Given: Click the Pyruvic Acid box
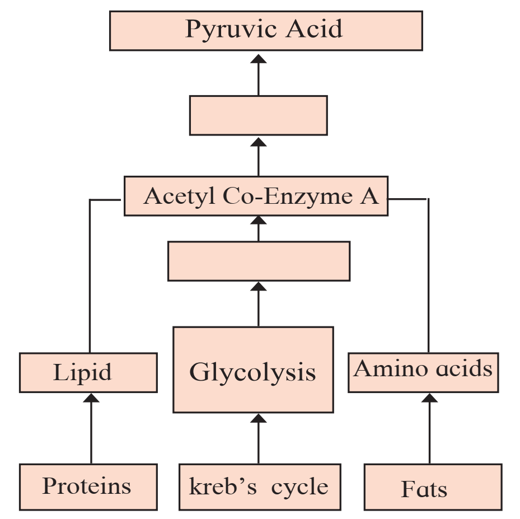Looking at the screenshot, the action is [x=266, y=31].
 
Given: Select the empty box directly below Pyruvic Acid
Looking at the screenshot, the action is [x=259, y=115].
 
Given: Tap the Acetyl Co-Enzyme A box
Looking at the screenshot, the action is [x=256, y=196].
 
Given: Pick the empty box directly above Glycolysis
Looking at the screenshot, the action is [x=259, y=261].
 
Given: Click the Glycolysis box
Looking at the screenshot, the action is [x=254, y=370].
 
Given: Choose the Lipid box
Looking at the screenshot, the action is [x=88, y=373].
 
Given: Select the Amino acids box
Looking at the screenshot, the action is [x=423, y=373].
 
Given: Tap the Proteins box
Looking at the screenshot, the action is [x=88, y=487].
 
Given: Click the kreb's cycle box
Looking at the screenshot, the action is [x=260, y=487].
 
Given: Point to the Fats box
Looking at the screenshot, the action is [x=433, y=487].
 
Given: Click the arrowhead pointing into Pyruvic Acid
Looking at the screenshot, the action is [x=259, y=59].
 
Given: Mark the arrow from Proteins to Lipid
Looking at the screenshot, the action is [x=91, y=428].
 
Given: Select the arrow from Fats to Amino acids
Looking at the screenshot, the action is [x=429, y=428].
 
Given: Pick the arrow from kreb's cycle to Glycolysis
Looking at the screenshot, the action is [x=259, y=439].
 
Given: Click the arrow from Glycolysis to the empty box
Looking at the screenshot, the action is [x=259, y=304].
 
